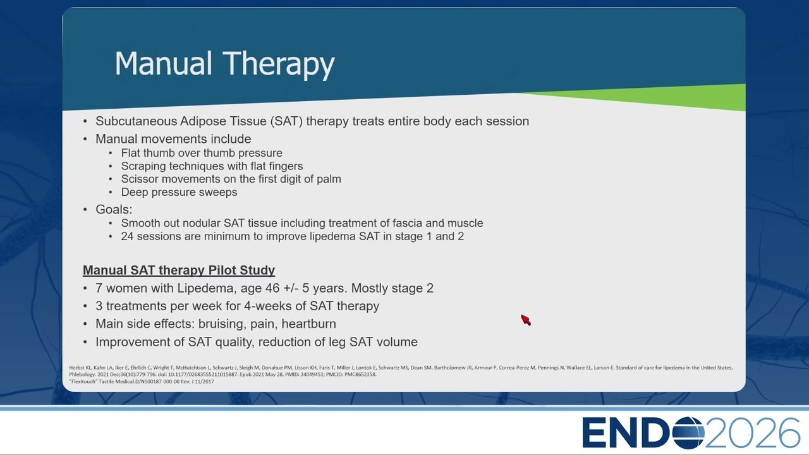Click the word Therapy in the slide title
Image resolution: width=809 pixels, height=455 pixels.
click(x=279, y=64)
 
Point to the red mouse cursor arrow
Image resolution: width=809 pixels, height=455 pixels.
click(x=526, y=320)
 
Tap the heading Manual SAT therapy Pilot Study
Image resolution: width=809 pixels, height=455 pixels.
click(x=179, y=270)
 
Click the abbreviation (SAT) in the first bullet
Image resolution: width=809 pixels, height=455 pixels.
click(x=286, y=121)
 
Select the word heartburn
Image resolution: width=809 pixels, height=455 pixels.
click(x=309, y=324)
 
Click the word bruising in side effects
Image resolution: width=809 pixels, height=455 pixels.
click(x=222, y=324)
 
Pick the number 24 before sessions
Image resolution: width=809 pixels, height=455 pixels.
click(x=127, y=236)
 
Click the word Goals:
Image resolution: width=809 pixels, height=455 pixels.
click(x=114, y=209)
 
